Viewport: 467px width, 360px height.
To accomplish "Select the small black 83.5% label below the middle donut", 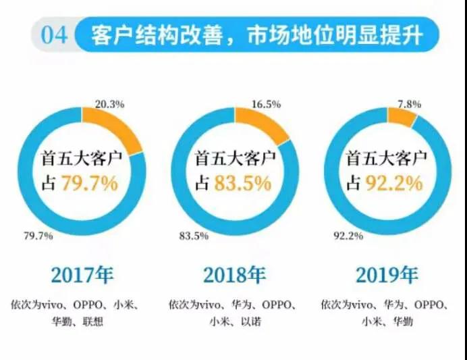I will pyautogui.click(x=194, y=236).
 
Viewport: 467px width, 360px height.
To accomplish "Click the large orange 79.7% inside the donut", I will pyautogui.click(x=89, y=183).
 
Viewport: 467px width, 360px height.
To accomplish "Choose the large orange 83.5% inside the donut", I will pyautogui.click(x=243, y=183).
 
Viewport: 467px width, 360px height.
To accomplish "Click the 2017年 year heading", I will pyautogui.click(x=82, y=276).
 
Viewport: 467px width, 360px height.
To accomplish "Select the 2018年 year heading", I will pyautogui.click(x=236, y=276).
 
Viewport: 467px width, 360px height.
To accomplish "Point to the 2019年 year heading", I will pyautogui.click(x=387, y=276).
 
